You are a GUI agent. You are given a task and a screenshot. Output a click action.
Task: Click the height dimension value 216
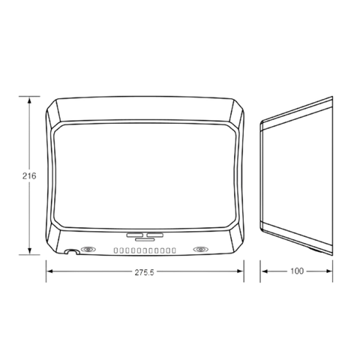point(29,176)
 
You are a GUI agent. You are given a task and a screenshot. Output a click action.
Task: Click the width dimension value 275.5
point(145,272)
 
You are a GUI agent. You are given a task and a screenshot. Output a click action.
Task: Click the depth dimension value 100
point(297,271)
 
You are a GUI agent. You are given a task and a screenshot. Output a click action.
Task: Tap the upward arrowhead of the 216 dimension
point(29,100)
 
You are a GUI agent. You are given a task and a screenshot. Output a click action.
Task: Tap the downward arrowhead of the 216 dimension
point(29,250)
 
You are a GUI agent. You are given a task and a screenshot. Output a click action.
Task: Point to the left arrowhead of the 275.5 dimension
point(50,271)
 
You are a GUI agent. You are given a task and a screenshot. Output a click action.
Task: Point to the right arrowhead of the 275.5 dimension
point(240,271)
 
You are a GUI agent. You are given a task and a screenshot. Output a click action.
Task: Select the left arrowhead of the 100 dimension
point(264,271)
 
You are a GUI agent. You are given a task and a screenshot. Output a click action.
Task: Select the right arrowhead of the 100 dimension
point(328,271)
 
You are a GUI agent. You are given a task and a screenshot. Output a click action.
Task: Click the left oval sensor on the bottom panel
point(88,249)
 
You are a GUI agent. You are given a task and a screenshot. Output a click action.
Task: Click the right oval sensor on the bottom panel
point(201,249)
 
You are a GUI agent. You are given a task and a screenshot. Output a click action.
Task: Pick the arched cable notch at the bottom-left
point(72,251)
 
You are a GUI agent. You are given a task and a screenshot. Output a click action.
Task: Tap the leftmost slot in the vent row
point(115,250)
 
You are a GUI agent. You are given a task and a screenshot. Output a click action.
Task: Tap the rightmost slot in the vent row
point(174,250)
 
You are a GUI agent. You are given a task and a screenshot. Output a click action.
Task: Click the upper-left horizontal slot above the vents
point(134,235)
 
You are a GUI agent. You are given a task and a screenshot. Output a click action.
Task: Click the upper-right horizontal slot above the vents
point(154,235)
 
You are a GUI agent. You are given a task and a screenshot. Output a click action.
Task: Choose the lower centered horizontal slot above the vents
point(145,240)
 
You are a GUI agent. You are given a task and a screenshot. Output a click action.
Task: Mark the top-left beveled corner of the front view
point(53,111)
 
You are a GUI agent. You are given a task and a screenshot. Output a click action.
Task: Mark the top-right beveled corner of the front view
point(236,111)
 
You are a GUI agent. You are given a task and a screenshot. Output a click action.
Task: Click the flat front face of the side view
point(262,176)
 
